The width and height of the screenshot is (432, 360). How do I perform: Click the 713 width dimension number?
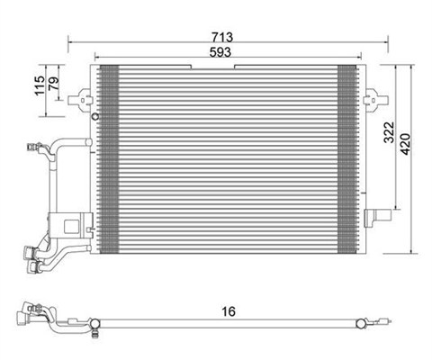222,37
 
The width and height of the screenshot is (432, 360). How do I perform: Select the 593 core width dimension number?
220,52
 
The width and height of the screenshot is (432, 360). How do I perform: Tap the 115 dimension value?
40,85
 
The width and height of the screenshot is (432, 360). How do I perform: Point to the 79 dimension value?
54,82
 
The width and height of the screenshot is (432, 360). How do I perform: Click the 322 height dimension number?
390,132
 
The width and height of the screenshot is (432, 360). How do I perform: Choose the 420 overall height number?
406,144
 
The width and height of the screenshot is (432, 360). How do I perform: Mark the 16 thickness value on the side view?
229,311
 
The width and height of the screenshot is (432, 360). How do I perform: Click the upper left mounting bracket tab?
79,100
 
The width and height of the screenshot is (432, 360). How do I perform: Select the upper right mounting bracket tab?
375,100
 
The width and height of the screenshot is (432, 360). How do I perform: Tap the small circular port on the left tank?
95,116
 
